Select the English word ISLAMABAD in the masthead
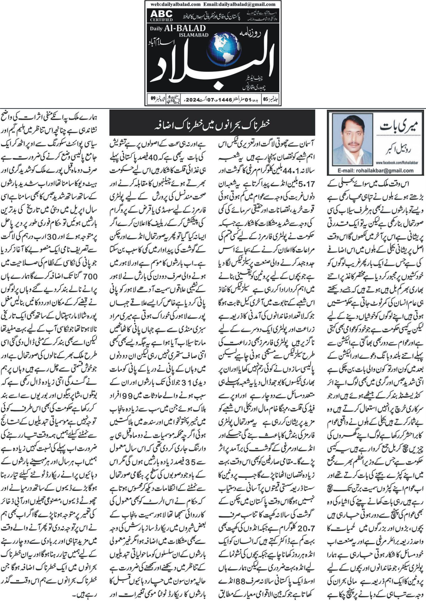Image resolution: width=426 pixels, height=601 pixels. coord(194,35)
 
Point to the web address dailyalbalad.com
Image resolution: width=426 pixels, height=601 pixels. coord(176,4)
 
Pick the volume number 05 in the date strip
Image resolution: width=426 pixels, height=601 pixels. coord(265,100)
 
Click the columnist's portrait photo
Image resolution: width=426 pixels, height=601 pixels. coord(352,139)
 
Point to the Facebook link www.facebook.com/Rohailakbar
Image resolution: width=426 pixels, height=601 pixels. coord(397,163)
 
